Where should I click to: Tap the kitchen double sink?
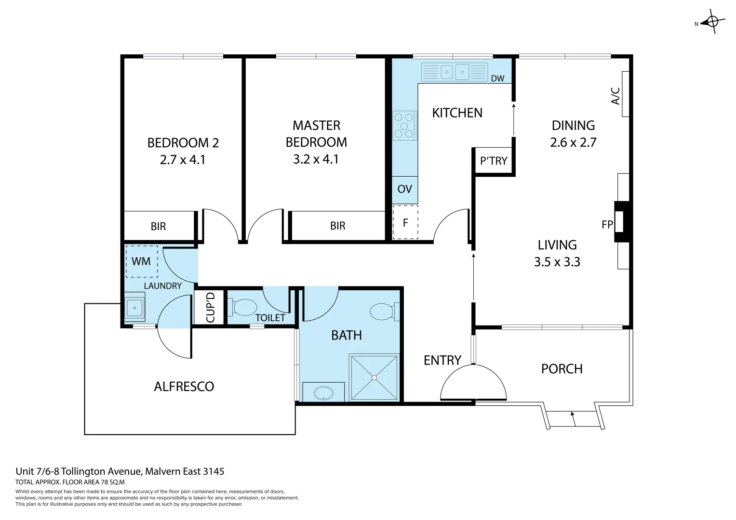point(455,72)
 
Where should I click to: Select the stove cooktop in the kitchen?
point(404,125)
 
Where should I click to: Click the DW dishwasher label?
point(497,78)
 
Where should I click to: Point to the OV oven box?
point(404,189)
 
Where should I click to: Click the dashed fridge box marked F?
point(405,222)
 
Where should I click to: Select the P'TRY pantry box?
point(494,161)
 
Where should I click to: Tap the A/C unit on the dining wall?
point(625,94)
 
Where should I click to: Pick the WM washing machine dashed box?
point(141,261)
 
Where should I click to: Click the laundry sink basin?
point(134,307)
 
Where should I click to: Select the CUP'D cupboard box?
point(210,307)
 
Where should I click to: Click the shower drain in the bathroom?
point(374,378)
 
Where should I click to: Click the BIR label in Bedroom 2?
point(158,226)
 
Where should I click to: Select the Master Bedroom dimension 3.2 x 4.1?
point(316,159)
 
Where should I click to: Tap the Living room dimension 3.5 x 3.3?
point(557,262)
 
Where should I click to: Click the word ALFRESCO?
point(184,387)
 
